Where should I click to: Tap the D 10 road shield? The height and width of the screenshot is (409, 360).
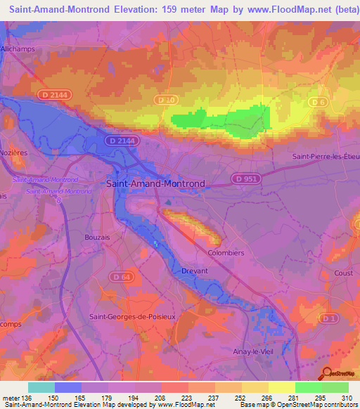pyautogui.click(x=166, y=100)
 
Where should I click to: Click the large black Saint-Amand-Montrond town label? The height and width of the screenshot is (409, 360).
pyautogui.click(x=155, y=183)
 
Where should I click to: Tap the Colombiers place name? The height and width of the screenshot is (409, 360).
pyautogui.click(x=225, y=252)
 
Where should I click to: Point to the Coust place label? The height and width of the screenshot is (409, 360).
pyautogui.click(x=344, y=273)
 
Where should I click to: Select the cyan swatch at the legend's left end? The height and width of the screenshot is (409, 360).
pyautogui.click(x=41, y=387)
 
